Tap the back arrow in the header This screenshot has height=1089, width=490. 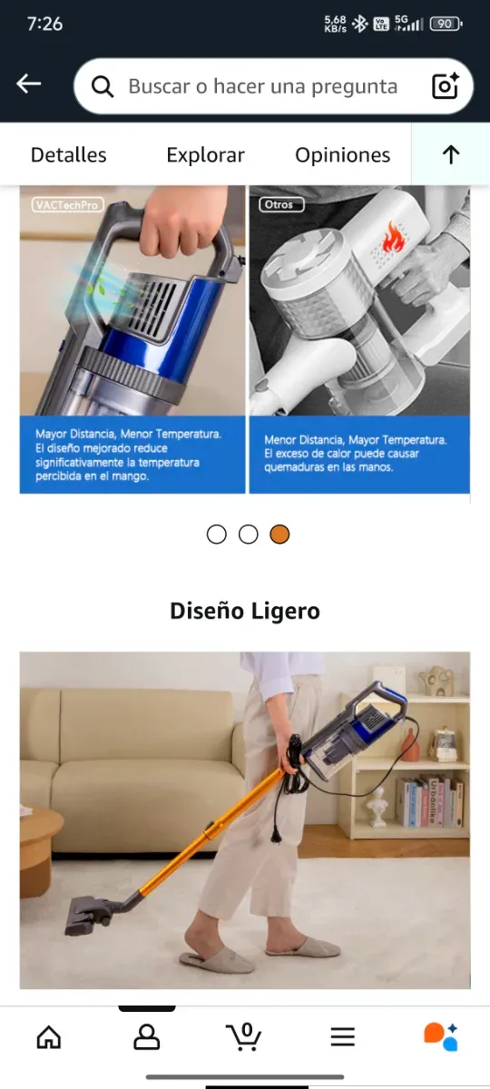coord(29,84)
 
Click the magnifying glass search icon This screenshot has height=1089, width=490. coord(103,86)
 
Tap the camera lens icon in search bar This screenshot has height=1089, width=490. coord(445,86)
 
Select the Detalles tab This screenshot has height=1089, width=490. coord(68,155)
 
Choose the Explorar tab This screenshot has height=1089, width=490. coord(205,155)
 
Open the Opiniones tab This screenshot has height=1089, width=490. coord(342,155)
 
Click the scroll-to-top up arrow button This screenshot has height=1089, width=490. coord(451,155)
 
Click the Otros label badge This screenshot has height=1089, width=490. coord(279,205)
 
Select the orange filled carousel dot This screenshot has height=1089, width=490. coord(279,535)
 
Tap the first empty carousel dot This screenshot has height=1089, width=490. coord(216,535)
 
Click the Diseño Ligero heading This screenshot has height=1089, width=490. coord(245,611)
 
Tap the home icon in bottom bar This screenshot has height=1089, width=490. coord(49,1036)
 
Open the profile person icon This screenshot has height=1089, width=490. coord(146,1036)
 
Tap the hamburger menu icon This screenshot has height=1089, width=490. coord(342,1036)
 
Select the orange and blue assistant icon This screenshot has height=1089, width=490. coord(441,1036)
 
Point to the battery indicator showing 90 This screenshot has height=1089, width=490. coord(445,24)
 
